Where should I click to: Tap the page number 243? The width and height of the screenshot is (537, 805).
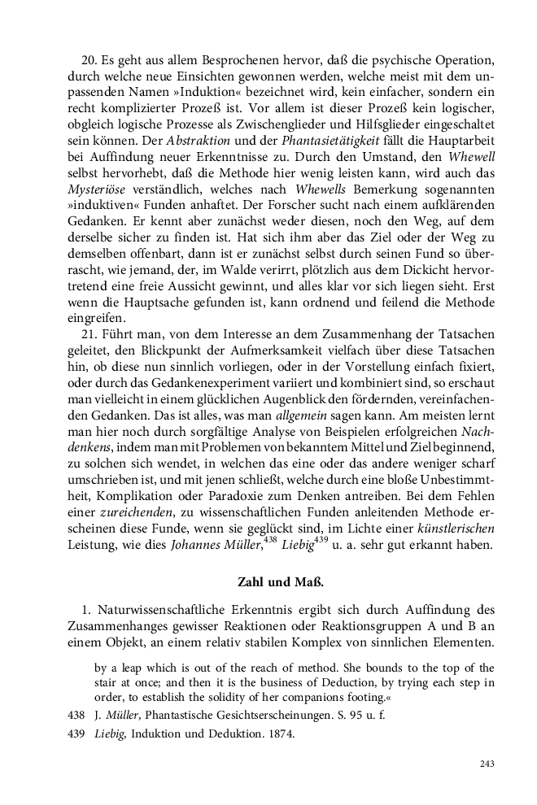pyautogui.click(x=487, y=764)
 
